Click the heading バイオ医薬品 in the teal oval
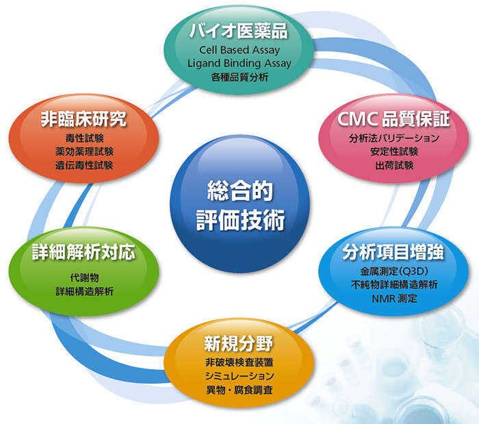pyautogui.click(x=239, y=31)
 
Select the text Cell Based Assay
pyautogui.click(x=239, y=49)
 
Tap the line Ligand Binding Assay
pyautogui.click(x=239, y=63)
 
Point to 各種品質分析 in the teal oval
pyautogui.click(x=239, y=77)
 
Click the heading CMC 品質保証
pyautogui.click(x=393, y=119)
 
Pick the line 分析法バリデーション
pyautogui.click(x=394, y=138)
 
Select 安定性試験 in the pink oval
pyautogui.click(x=394, y=151)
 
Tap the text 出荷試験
pyautogui.click(x=394, y=165)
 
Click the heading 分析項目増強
pyautogui.click(x=393, y=252)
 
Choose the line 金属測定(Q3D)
pyautogui.click(x=394, y=271)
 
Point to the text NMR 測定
pyautogui.click(x=394, y=299)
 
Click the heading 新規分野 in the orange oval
pyautogui.click(x=239, y=343)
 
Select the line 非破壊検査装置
pyautogui.click(x=239, y=362)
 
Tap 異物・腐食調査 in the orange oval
pyautogui.click(x=239, y=390)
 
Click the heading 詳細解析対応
pyautogui.click(x=83, y=252)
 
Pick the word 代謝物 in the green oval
pyautogui.click(x=84, y=277)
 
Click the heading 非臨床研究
pyautogui.click(x=83, y=119)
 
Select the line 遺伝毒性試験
pyautogui.click(x=84, y=165)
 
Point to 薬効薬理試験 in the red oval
pyautogui.click(x=84, y=151)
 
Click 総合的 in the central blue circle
pyautogui.click(x=239, y=190)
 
